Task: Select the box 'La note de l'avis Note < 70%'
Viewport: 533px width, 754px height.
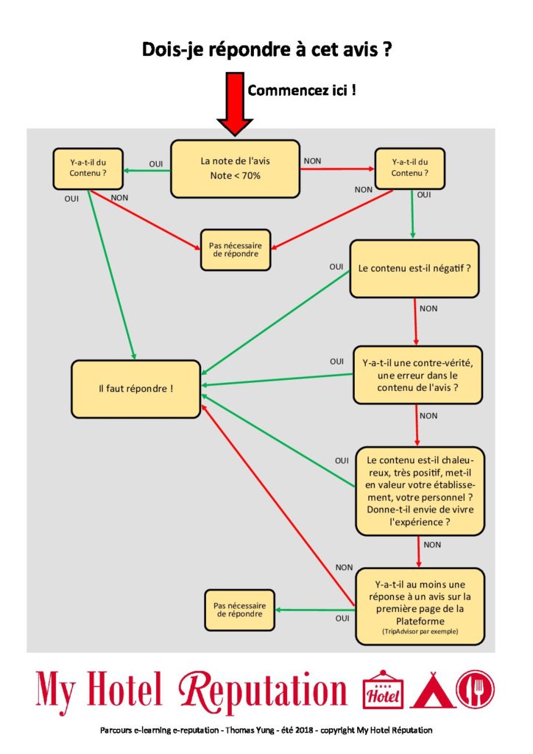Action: [x=235, y=169]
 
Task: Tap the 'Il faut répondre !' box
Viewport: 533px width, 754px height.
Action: [x=135, y=389]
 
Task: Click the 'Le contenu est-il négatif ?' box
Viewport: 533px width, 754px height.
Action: [x=414, y=268]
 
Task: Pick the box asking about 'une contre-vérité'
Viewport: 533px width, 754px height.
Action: [x=417, y=375]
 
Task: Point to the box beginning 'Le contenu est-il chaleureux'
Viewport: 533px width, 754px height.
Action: [x=420, y=491]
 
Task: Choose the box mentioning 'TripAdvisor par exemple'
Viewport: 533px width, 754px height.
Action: [x=420, y=607]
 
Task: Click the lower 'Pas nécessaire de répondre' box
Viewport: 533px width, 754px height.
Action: [x=239, y=610]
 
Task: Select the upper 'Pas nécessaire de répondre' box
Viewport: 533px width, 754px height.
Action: [x=236, y=250]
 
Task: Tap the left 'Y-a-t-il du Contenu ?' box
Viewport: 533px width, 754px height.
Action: [x=88, y=169]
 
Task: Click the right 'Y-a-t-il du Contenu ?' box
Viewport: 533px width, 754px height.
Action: [x=409, y=169]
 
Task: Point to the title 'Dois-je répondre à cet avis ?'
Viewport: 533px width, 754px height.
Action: [x=266, y=49]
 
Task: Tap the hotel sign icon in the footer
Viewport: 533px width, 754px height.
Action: [x=383, y=689]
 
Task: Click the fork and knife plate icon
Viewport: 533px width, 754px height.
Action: [x=476, y=689]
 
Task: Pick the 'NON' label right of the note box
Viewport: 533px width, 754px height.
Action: [x=312, y=161]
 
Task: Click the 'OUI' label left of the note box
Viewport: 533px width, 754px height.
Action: [x=156, y=164]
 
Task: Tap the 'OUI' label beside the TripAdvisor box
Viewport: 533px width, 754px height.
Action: [x=342, y=619]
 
